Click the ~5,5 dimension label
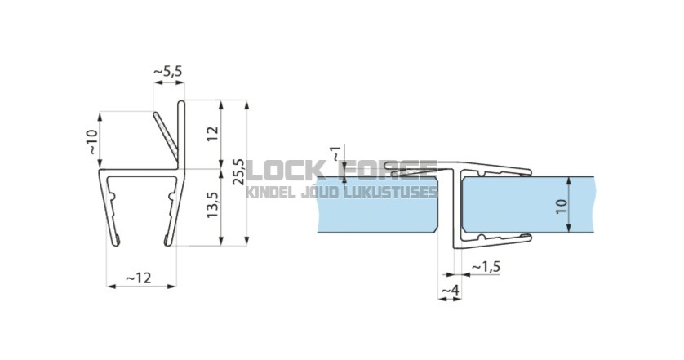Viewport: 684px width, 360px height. click(x=168, y=71)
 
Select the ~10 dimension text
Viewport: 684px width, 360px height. click(x=93, y=142)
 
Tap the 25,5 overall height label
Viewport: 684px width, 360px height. click(x=238, y=171)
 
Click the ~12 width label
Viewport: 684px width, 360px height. click(x=139, y=278)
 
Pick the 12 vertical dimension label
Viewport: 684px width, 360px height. click(x=212, y=134)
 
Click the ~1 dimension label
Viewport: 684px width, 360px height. click(x=337, y=153)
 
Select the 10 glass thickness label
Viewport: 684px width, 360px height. click(x=562, y=206)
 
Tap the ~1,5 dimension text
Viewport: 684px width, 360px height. click(x=486, y=266)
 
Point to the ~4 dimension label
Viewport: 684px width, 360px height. click(x=451, y=290)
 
